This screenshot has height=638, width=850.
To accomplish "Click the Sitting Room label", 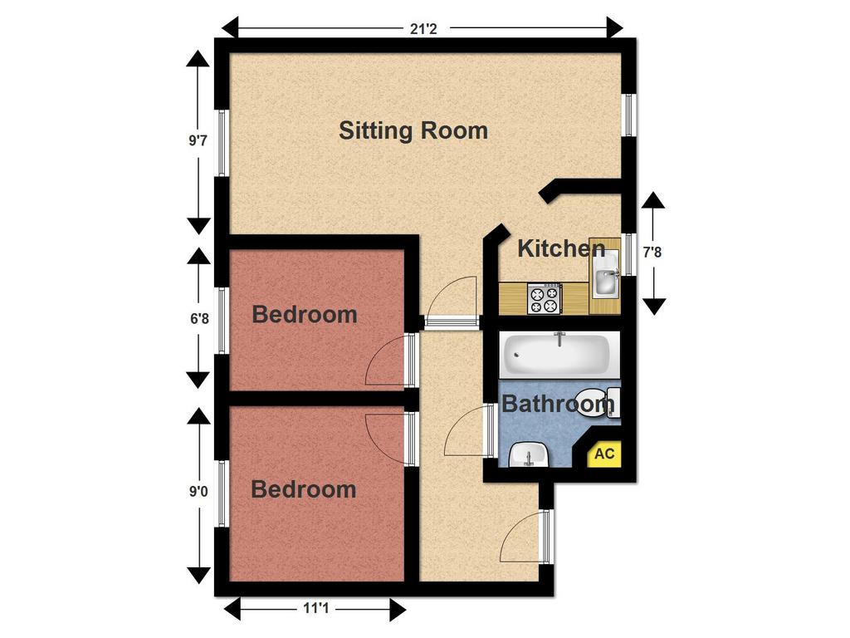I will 413,130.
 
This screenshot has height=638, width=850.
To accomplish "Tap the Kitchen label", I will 561,248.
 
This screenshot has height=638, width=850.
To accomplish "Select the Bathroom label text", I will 558,405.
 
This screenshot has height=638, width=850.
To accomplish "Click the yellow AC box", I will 604,454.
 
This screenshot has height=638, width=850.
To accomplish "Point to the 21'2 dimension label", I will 423,28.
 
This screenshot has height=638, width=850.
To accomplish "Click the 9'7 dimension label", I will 198,141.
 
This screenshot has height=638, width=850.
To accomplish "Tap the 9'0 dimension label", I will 198,492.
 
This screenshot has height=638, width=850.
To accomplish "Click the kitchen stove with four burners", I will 545,299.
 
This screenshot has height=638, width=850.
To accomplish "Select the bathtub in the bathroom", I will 558,353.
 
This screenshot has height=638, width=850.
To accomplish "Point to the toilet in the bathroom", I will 599,402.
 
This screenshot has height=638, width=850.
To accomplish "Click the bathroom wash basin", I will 526,455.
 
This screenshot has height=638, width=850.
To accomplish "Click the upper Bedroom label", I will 305,315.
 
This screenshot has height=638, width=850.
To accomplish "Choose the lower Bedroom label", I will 303,489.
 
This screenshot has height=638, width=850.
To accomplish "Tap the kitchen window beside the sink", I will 628,255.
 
